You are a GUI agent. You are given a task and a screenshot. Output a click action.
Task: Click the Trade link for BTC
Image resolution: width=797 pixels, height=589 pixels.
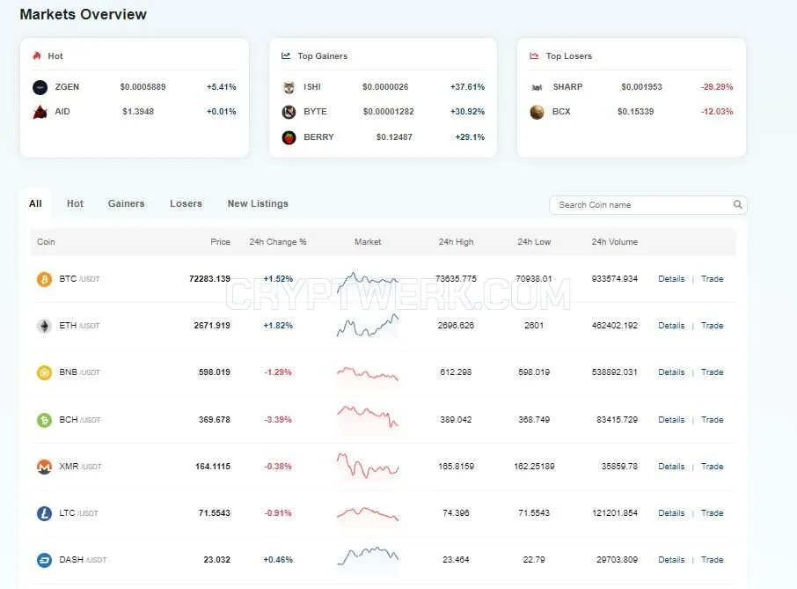coord(712,279)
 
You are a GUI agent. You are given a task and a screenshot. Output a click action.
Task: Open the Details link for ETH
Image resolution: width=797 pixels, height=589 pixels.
coord(671,326)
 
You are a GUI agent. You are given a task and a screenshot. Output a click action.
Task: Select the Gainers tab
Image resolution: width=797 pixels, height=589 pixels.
coord(126,203)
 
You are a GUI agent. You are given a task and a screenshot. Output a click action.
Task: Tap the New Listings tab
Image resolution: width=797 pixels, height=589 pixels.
coord(258,203)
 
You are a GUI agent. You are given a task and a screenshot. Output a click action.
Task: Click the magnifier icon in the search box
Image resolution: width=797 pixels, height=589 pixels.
coord(737,204)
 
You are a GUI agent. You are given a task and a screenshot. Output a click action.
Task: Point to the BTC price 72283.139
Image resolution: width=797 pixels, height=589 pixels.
coord(209,279)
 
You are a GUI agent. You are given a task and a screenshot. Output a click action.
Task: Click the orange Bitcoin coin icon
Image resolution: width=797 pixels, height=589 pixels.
coord(44,279)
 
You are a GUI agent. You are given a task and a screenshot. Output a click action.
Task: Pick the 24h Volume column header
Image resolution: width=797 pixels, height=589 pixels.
coord(615,242)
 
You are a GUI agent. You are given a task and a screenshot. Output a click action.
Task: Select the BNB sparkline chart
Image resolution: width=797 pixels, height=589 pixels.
coord(368,374)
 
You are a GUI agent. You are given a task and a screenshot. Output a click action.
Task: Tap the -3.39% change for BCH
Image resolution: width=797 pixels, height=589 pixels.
coord(278,420)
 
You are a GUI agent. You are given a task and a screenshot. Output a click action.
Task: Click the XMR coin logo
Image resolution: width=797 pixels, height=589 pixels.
coord(44,467)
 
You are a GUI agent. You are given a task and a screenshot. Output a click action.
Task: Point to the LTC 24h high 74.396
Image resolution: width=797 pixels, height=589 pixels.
coord(456,513)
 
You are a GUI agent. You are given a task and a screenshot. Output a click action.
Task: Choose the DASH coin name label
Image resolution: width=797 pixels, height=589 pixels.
coord(71,559)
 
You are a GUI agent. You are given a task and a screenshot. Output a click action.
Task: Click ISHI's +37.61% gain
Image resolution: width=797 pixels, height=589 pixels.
coord(468,87)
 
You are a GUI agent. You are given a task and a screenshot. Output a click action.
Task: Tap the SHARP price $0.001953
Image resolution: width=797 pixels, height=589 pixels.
coord(641,87)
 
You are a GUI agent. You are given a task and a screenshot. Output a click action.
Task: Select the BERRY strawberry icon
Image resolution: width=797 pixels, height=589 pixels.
coord(289,137)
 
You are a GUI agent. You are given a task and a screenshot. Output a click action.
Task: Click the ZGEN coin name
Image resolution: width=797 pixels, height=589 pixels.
coord(67,87)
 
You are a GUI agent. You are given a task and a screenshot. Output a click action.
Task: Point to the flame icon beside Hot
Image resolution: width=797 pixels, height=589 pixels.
coord(37,56)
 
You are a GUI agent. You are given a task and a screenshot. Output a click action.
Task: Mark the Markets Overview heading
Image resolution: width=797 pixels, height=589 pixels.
coord(84,14)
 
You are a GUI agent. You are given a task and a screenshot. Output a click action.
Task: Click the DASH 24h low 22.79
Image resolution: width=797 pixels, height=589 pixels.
coord(534,559)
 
